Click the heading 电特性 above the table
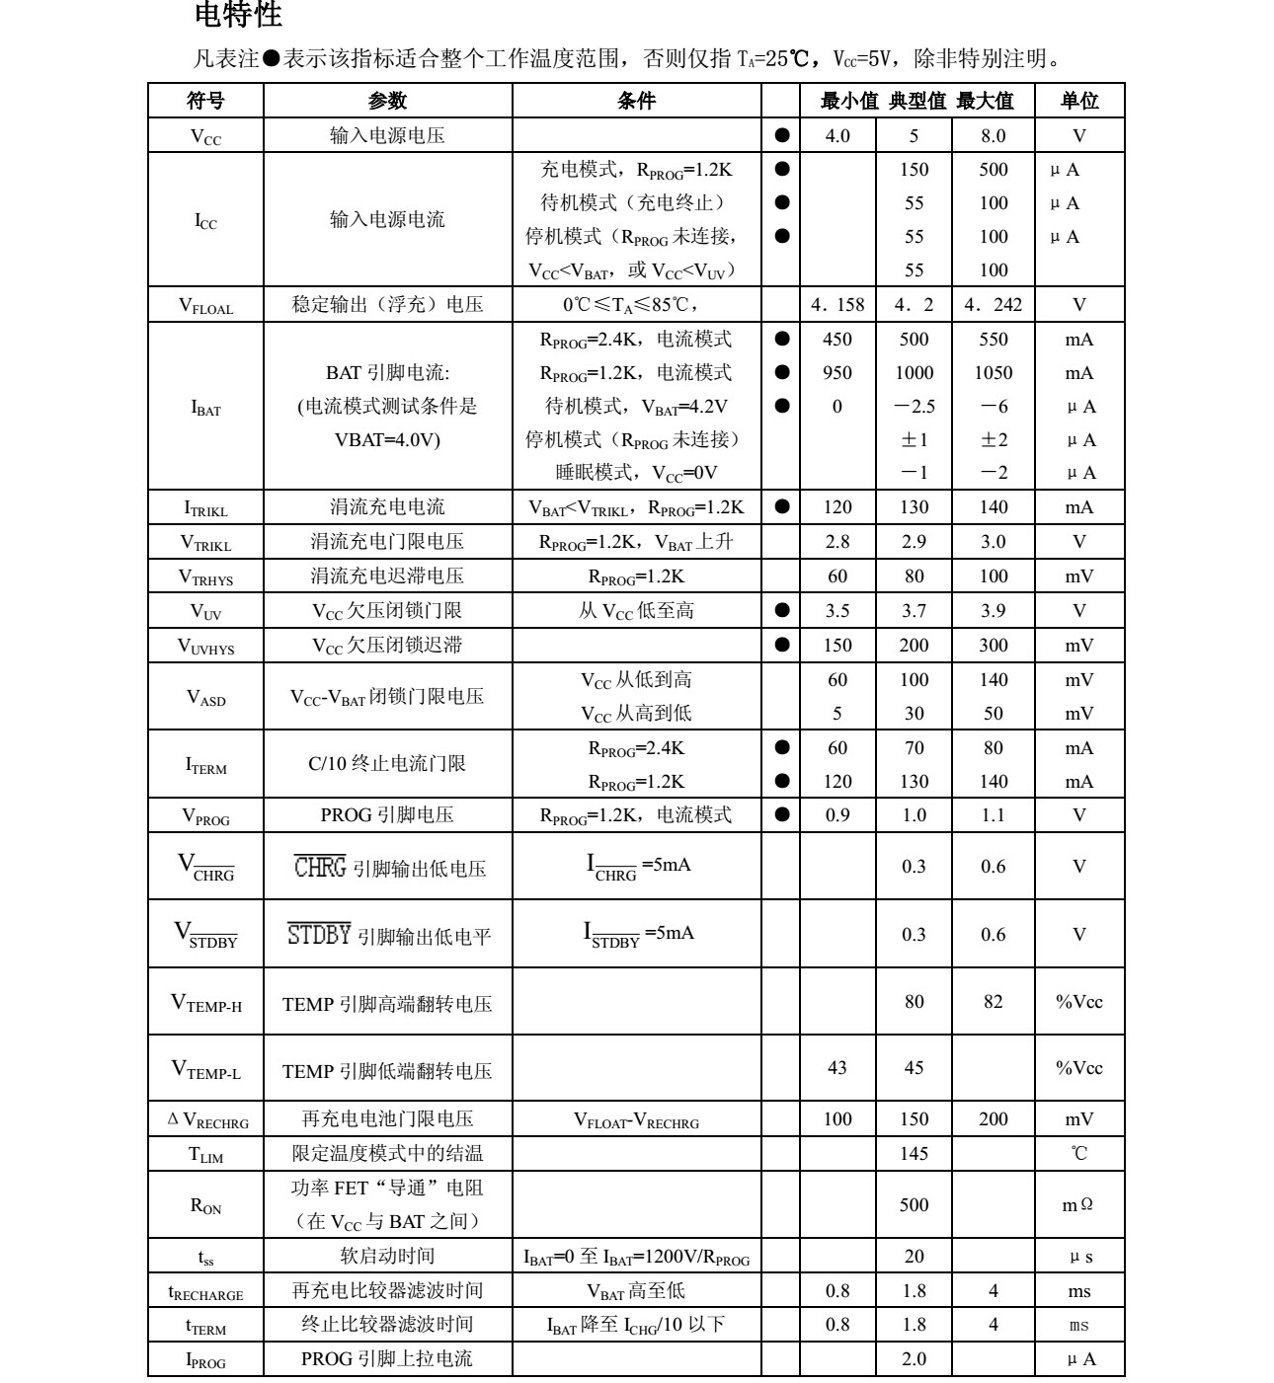(x=238, y=15)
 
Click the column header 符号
(x=205, y=101)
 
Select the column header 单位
(x=1078, y=101)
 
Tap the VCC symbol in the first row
(x=205, y=137)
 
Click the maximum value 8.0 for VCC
(x=993, y=136)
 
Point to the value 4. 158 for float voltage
(x=836, y=305)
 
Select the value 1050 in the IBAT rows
(x=993, y=373)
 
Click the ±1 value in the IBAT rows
(x=914, y=440)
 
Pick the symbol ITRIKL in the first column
(x=205, y=508)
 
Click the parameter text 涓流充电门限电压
(x=387, y=542)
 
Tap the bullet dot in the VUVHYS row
(x=782, y=645)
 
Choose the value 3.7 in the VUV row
(x=914, y=611)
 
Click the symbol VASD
(x=205, y=698)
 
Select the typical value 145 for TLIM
(x=914, y=1153)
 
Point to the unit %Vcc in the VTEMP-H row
(x=1078, y=1002)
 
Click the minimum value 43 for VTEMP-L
(x=836, y=1068)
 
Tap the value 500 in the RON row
(x=914, y=1204)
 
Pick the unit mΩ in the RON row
(x=1078, y=1205)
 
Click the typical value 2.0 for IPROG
(x=914, y=1359)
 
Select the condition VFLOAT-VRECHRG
(x=636, y=1120)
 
